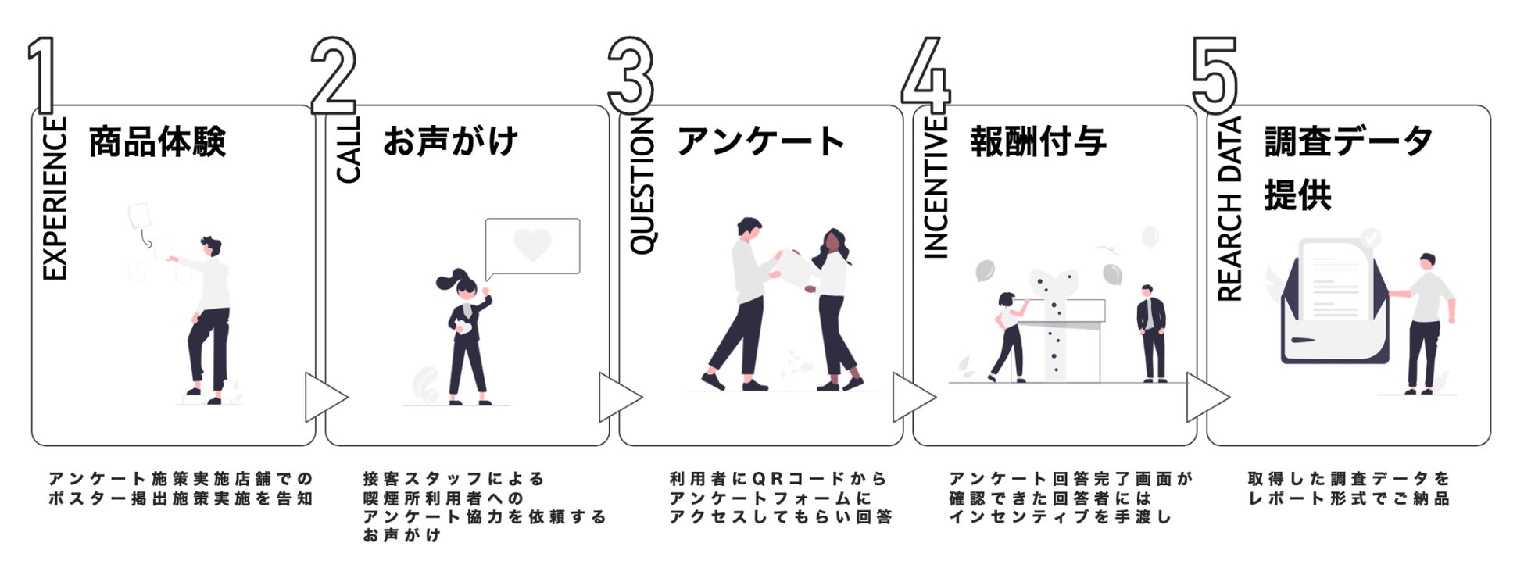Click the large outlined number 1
tap(42, 74)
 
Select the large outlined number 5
tap(1215, 75)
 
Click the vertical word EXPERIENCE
tap(55, 198)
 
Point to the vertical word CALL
tap(349, 150)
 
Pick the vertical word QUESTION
tap(642, 186)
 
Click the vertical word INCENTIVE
tap(936, 187)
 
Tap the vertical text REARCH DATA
tap(1229, 209)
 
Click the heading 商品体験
tap(157, 142)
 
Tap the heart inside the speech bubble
tap(532, 245)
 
